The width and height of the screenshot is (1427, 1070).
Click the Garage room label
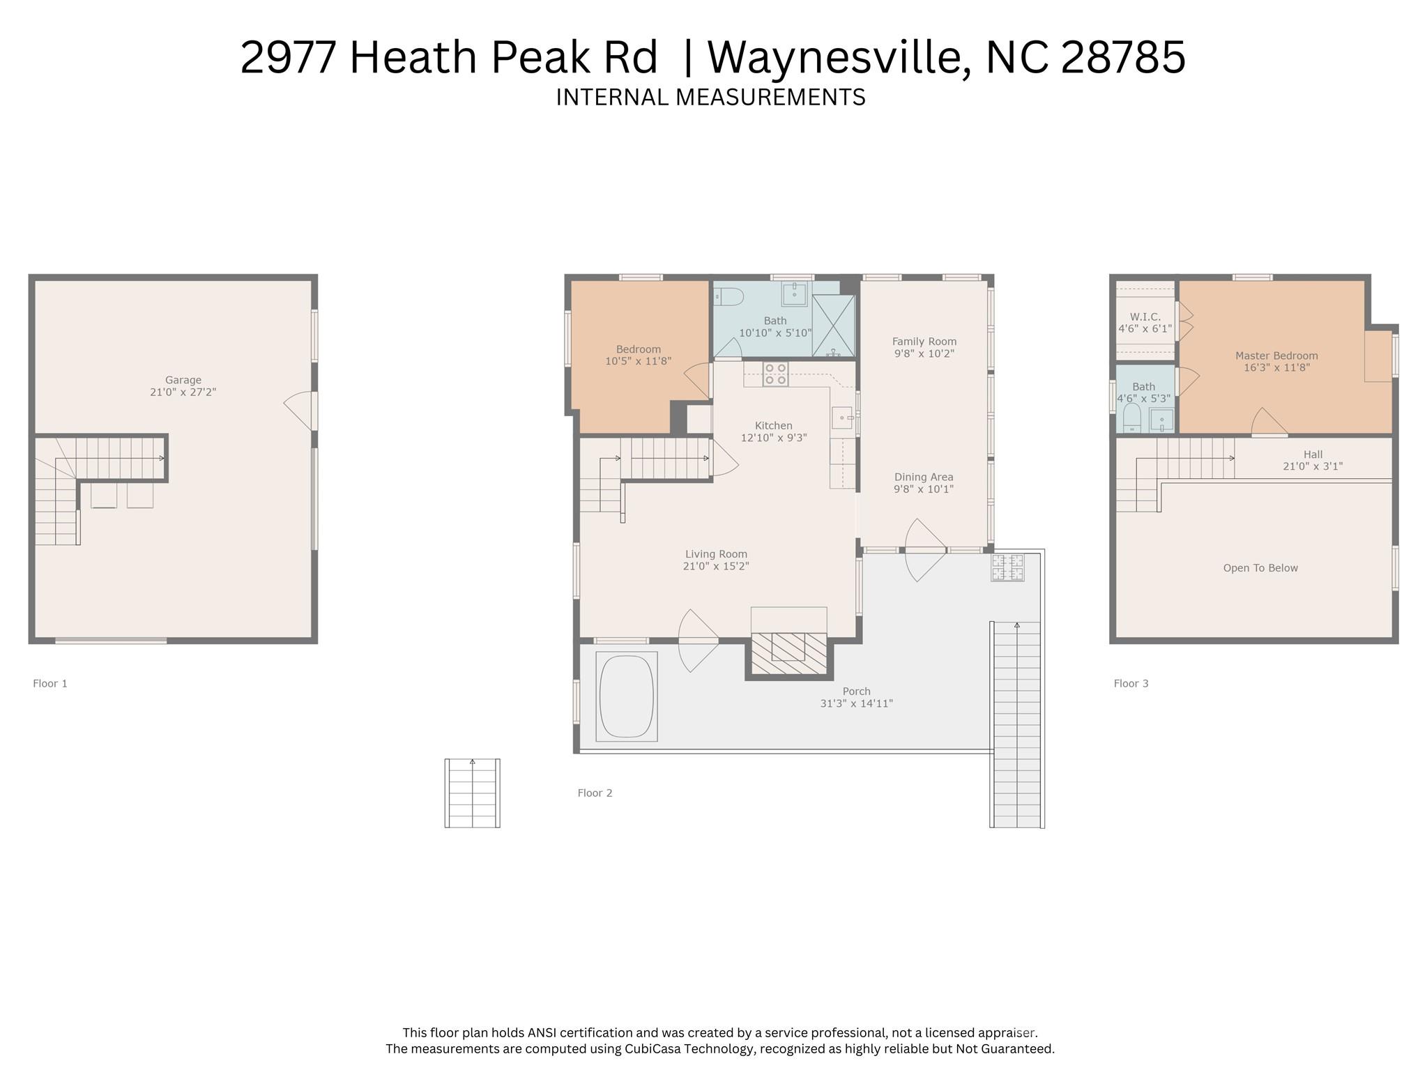coord(183,380)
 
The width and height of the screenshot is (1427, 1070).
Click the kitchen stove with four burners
coord(775,374)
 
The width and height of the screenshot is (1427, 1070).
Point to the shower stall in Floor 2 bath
coord(833,326)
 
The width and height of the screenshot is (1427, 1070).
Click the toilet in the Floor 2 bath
coord(728,297)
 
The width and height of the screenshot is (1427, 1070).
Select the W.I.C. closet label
coord(1145,316)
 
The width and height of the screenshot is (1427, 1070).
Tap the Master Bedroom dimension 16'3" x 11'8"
coord(1276,367)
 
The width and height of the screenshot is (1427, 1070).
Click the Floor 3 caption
coord(1131,683)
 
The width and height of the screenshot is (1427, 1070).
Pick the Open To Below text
coord(1260,568)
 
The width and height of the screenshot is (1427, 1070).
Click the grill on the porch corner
coord(1007,567)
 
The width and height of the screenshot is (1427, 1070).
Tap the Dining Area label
coord(923,477)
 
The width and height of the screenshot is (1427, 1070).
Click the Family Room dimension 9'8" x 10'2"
coord(924,353)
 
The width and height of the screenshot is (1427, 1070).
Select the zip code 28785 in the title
coord(1122,57)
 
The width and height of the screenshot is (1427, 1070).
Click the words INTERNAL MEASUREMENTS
coord(710,97)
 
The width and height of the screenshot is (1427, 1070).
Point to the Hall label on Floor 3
coord(1312,454)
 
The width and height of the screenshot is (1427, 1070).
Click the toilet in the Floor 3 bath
coord(1131,418)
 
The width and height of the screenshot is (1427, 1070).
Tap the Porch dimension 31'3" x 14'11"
coord(856,703)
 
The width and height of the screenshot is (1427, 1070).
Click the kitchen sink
coord(842,418)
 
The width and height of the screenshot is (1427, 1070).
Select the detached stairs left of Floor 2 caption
coord(472,793)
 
